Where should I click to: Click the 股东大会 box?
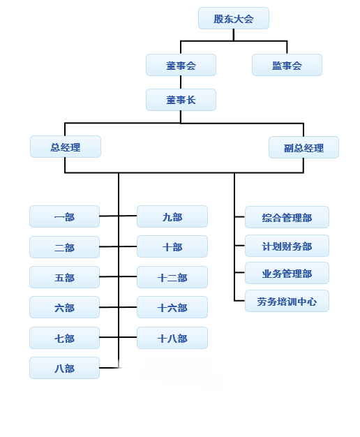click(x=234, y=18)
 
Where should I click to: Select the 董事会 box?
click(x=181, y=65)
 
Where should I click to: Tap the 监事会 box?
click(x=287, y=65)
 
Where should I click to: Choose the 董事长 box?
click(x=181, y=100)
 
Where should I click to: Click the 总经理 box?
click(x=66, y=147)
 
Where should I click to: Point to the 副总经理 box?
click(x=303, y=147)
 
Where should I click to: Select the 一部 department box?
click(x=64, y=216)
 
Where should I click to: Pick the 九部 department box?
click(x=172, y=216)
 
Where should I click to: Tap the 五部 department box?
click(x=64, y=277)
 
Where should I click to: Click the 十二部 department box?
click(x=172, y=277)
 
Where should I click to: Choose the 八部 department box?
click(x=64, y=368)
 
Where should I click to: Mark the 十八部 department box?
click(x=172, y=338)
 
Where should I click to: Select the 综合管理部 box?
click(x=287, y=217)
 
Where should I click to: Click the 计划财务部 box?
click(x=287, y=246)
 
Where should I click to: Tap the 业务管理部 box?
click(x=287, y=273)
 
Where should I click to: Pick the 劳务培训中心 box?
click(x=287, y=301)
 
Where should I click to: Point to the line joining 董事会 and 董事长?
click(x=181, y=82)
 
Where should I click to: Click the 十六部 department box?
click(x=172, y=307)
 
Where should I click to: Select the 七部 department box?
click(x=64, y=338)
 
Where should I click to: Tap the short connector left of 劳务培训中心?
click(x=239, y=301)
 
